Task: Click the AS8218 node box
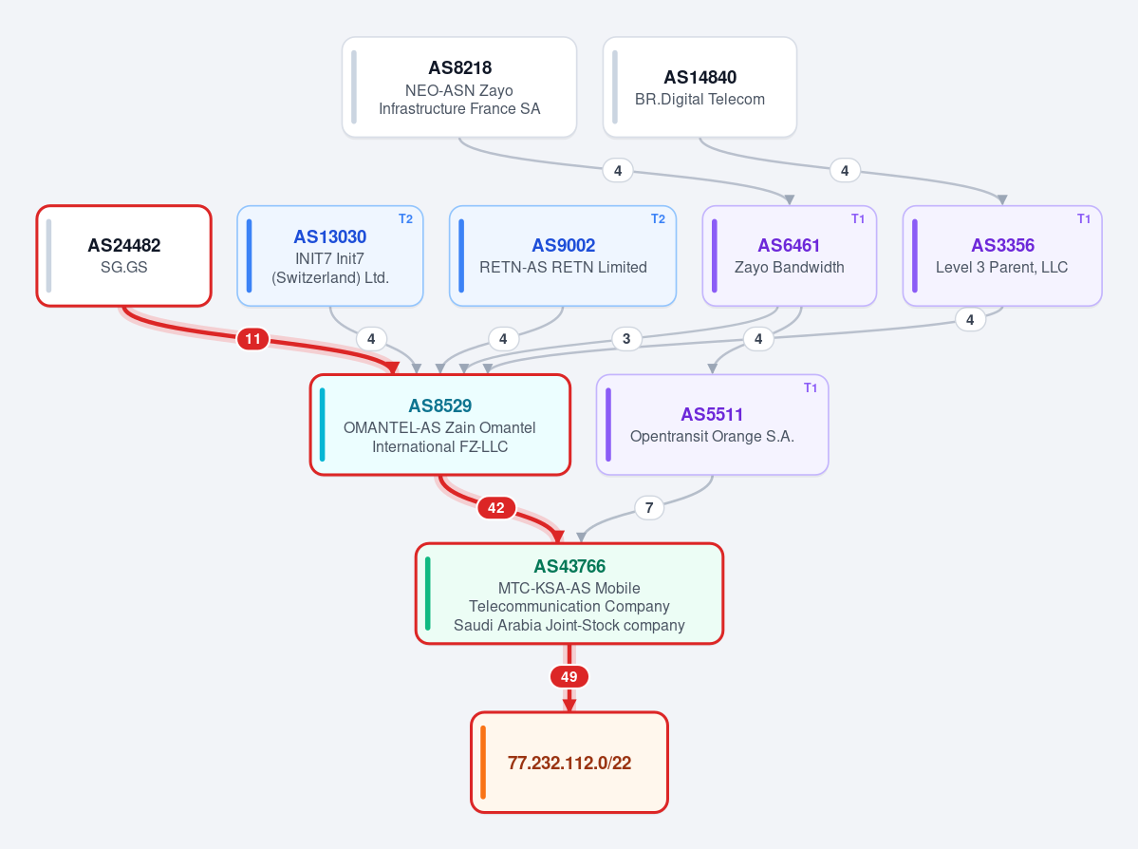(459, 87)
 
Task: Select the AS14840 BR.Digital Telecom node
(700, 87)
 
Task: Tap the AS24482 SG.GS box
(124, 255)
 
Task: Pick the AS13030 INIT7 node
(330, 255)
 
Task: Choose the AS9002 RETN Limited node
(563, 255)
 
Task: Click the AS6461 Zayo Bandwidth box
(790, 255)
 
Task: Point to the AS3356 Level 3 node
(1002, 255)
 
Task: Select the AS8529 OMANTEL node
(440, 424)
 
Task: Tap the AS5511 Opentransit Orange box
(712, 424)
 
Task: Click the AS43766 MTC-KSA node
(569, 594)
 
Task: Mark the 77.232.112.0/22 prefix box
(569, 763)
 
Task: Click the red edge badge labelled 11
(252, 338)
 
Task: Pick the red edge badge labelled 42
(496, 508)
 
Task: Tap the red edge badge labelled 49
(569, 677)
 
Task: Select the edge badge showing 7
(649, 508)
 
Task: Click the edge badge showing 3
(626, 338)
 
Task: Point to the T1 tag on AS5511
(811, 387)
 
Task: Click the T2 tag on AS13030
(405, 218)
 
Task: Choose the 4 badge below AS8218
(618, 171)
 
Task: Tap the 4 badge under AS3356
(970, 319)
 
